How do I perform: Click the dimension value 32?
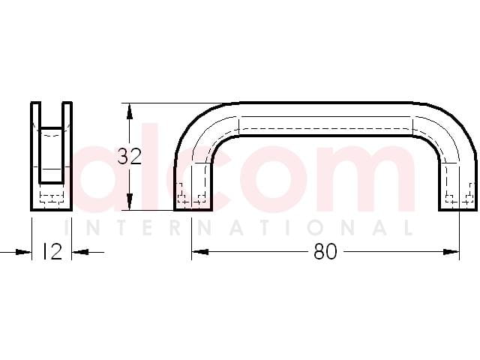(130, 157)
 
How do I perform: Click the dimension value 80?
(325, 252)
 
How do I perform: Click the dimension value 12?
(52, 252)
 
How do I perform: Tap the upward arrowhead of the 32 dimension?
(130, 112)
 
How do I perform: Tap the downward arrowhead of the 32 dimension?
(130, 202)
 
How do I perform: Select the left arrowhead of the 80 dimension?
(200, 252)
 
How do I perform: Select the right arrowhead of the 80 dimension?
(451, 252)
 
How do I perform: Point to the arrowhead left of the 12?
(23, 252)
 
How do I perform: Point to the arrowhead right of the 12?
(80, 252)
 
